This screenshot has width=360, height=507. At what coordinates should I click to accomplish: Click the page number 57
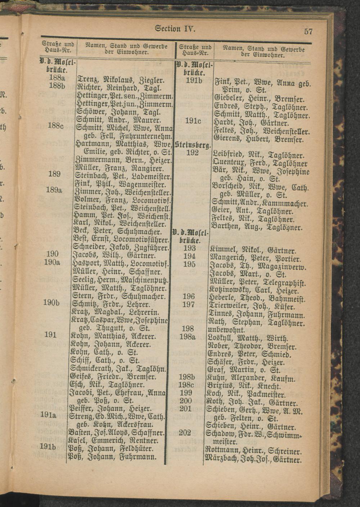click(308, 31)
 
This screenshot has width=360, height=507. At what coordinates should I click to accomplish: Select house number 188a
click(57, 78)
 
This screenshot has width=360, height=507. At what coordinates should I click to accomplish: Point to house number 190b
click(51, 303)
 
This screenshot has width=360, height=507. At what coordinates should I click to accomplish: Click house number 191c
click(193, 121)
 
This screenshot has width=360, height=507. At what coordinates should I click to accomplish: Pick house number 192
click(193, 153)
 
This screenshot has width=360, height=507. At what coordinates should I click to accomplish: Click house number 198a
click(187, 337)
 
